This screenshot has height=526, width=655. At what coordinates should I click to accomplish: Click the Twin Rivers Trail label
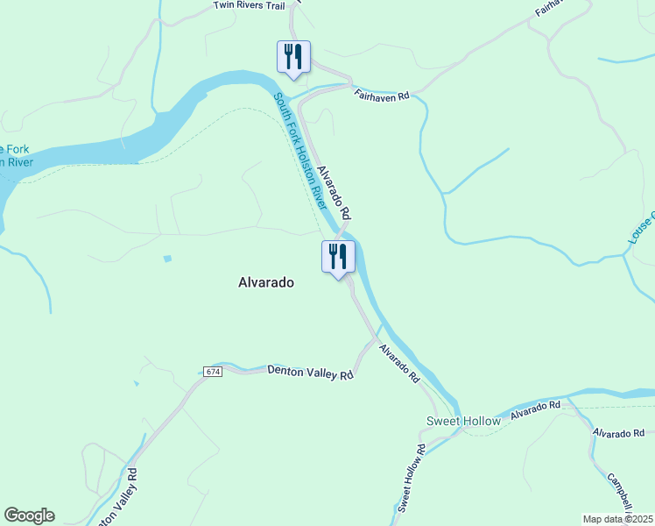pyautogui.click(x=250, y=5)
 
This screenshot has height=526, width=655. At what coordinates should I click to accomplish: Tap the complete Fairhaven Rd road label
pyautogui.click(x=382, y=94)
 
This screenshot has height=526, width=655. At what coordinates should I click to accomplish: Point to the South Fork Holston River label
pyautogui.click(x=299, y=152)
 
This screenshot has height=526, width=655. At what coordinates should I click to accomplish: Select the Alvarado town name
pyautogui.click(x=266, y=282)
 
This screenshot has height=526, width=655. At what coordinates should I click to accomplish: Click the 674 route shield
pyautogui.click(x=213, y=372)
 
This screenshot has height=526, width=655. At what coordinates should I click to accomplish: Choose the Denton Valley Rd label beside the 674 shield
pyautogui.click(x=310, y=373)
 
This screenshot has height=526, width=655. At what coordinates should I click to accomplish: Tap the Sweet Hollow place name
pyautogui.click(x=463, y=421)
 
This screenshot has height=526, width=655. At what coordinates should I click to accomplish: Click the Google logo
pyautogui.click(x=29, y=515)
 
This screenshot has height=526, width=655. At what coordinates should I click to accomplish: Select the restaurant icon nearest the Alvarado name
pyautogui.click(x=338, y=257)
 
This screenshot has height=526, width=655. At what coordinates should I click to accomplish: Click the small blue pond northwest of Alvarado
pyautogui.click(x=166, y=259)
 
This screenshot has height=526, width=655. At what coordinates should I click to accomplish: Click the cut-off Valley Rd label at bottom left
pyautogui.click(x=118, y=500)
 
